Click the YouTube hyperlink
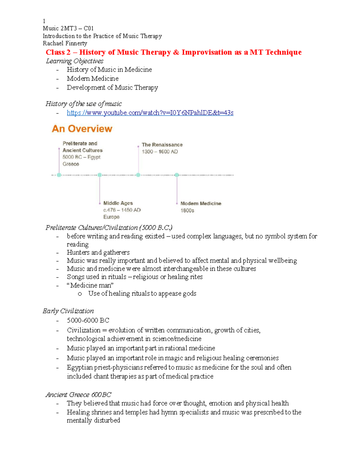point(150,113)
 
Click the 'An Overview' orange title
point(82,129)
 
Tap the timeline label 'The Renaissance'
point(162,145)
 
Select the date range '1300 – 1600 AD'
point(160,152)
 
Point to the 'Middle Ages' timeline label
point(118,203)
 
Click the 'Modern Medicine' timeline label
point(201,203)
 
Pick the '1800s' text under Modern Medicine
point(187,210)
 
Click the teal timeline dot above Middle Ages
point(100,175)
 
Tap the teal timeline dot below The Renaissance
point(138,175)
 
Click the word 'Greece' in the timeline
point(71,164)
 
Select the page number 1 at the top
point(44,21)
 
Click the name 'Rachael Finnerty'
point(65,43)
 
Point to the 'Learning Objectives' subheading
point(74,61)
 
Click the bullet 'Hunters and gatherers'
point(98,252)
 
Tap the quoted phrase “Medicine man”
point(90,285)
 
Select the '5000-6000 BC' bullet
point(88,320)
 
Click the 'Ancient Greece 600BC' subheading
point(78,395)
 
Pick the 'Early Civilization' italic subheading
point(68,311)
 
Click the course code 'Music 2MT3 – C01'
point(68,28)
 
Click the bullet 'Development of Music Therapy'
point(112,87)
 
